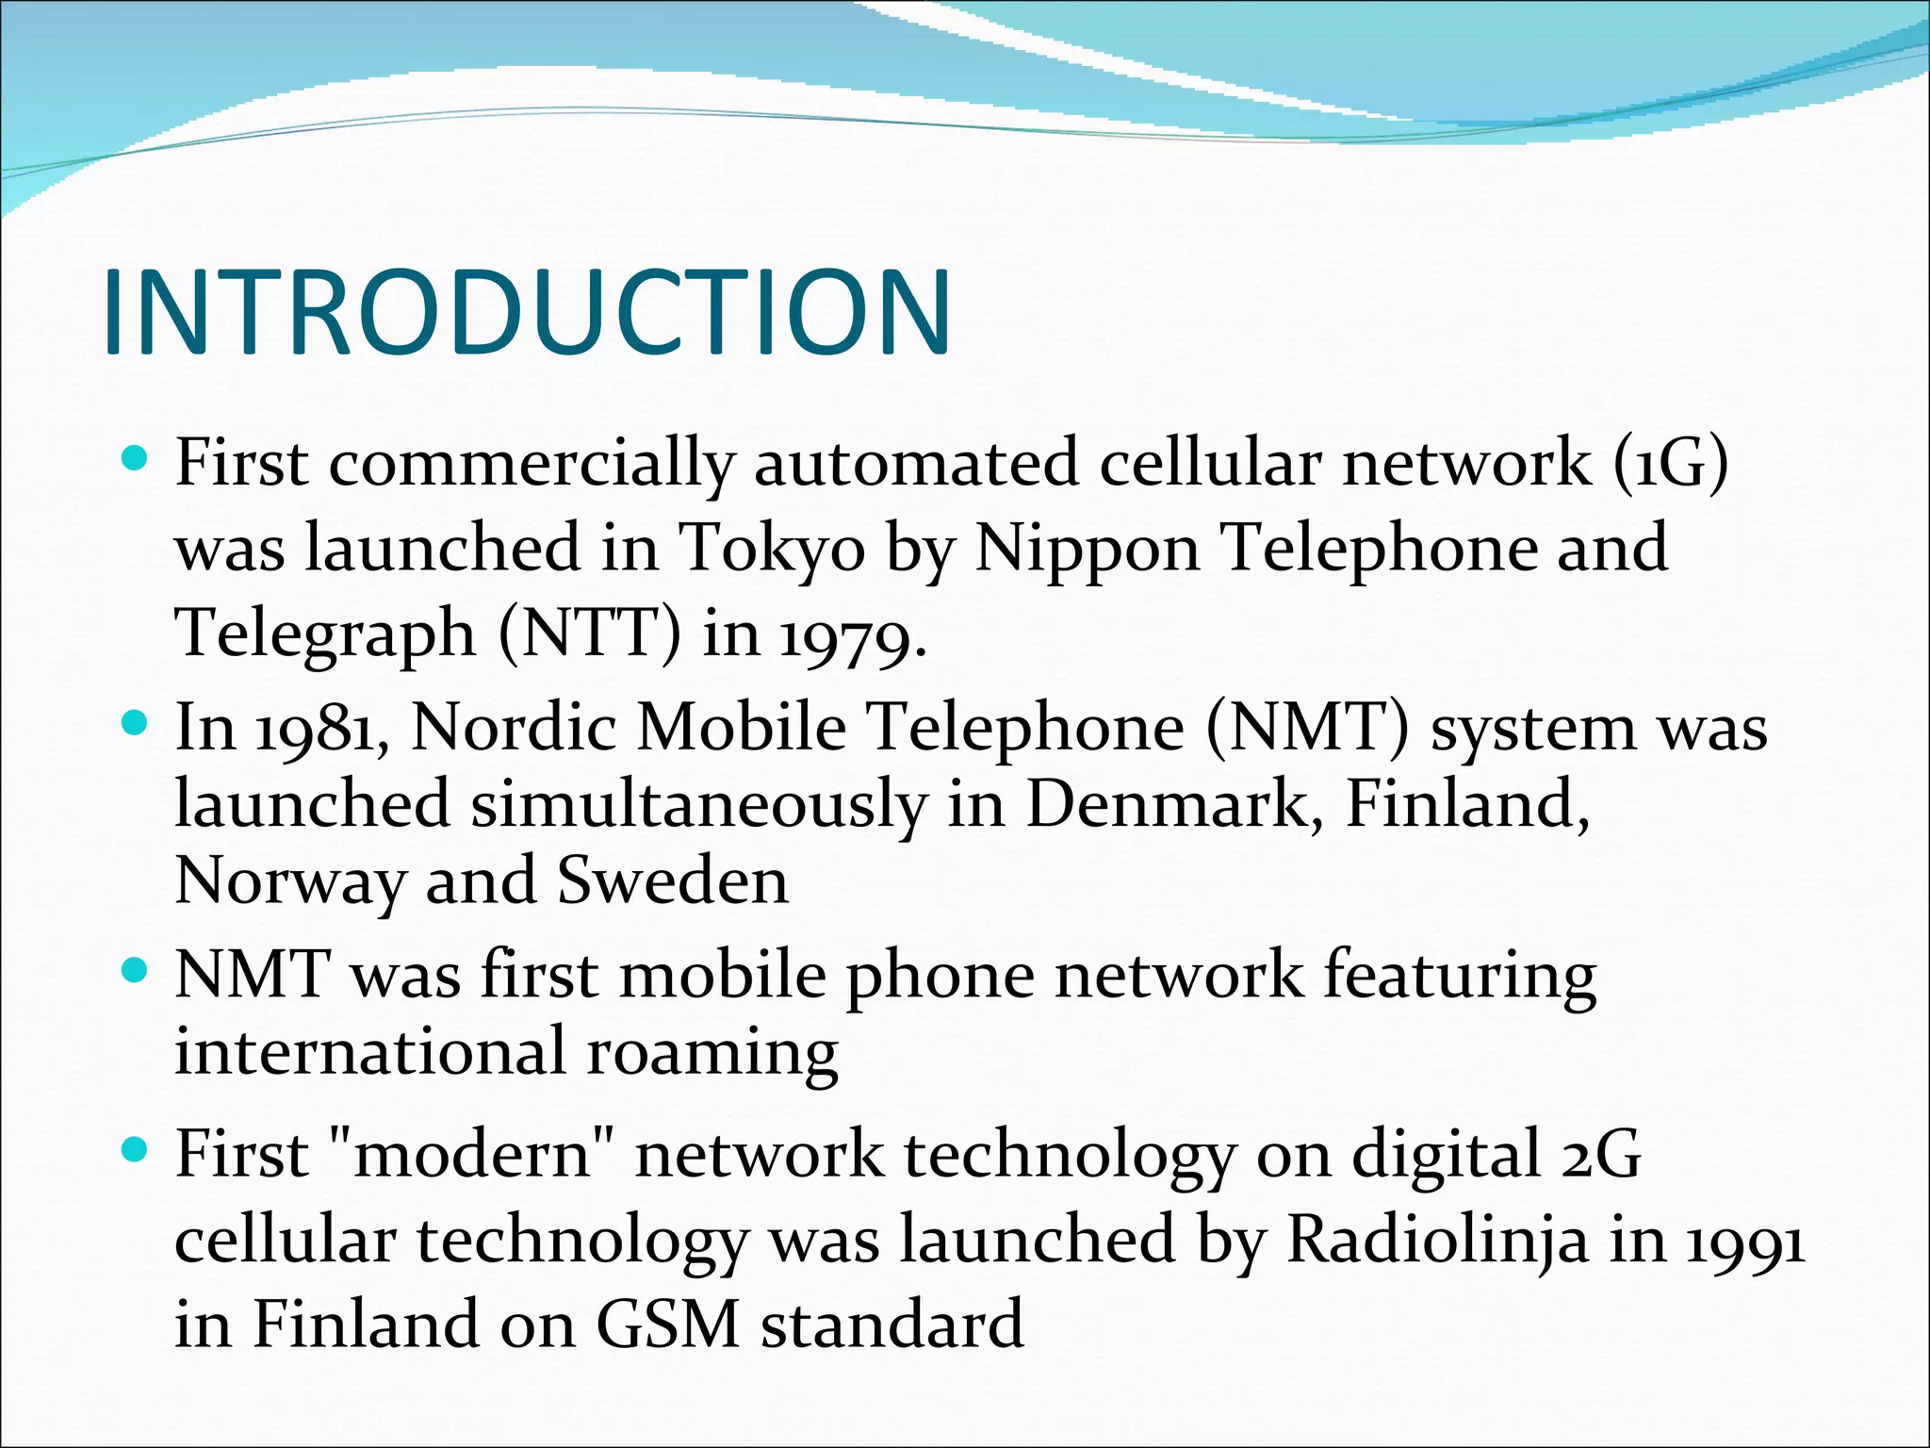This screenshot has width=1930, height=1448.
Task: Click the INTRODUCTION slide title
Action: (528, 312)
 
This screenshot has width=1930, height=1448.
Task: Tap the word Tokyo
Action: (771, 548)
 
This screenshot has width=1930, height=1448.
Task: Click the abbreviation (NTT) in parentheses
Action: (589, 633)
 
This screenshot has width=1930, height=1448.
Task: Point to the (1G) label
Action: (1671, 463)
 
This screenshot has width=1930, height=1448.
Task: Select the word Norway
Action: (289, 881)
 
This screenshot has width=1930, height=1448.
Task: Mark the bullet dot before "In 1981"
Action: (137, 724)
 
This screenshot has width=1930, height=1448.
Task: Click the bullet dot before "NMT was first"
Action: (137, 970)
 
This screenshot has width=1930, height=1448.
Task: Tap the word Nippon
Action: (1087, 550)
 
